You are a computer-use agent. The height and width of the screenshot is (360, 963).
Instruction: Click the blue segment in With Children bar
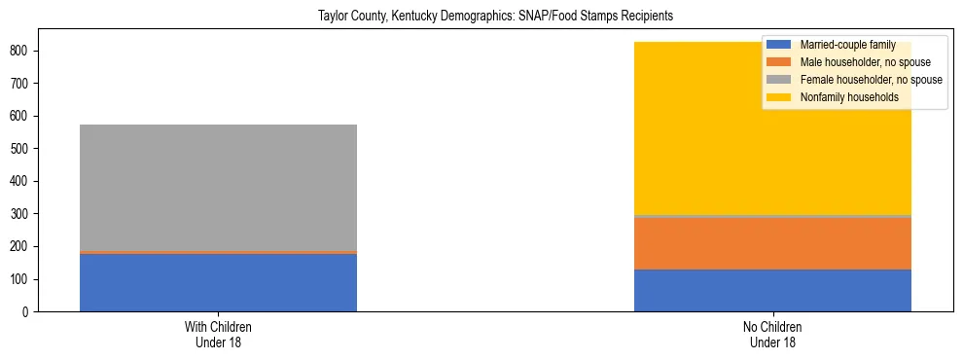[218, 283]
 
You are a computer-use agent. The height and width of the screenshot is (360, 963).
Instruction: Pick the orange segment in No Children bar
[772, 243]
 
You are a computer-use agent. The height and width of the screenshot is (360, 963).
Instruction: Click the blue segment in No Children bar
[772, 290]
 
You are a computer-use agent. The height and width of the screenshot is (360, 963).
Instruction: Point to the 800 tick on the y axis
[26, 51]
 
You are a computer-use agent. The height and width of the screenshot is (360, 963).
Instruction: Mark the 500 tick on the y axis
[26, 149]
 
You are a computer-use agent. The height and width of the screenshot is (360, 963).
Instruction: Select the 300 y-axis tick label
[26, 214]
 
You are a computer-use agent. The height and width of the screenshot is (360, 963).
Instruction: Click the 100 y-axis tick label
[26, 279]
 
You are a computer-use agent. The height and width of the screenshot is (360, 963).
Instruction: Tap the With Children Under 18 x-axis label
[218, 335]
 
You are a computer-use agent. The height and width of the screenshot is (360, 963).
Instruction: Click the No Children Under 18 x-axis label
[772, 335]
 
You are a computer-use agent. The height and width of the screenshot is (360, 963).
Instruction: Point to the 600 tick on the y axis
[26, 116]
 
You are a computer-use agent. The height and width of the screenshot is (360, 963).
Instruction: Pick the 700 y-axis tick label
[26, 84]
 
